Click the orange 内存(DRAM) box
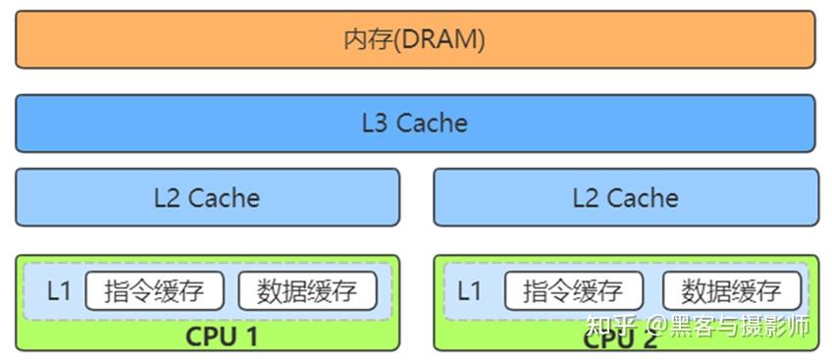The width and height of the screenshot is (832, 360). (x=415, y=39)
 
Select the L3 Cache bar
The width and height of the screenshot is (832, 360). (x=415, y=124)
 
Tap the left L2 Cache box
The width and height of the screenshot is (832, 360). (x=207, y=197)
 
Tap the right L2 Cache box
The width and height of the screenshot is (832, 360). (x=625, y=197)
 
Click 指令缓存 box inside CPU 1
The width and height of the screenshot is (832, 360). (x=155, y=291)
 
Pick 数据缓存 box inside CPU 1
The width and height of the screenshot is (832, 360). (x=307, y=291)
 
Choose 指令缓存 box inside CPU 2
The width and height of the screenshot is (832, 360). (x=573, y=291)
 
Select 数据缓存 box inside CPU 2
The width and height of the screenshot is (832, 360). (x=731, y=291)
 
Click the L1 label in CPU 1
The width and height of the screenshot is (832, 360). (x=59, y=291)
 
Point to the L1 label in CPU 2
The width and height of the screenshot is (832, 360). (x=470, y=291)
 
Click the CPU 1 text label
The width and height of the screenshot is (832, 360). (x=222, y=336)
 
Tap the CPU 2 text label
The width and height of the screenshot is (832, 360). (x=621, y=339)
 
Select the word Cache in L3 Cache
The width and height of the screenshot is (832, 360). (x=432, y=124)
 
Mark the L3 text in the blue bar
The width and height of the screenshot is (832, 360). (x=376, y=124)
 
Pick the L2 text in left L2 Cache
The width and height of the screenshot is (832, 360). (x=167, y=198)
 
